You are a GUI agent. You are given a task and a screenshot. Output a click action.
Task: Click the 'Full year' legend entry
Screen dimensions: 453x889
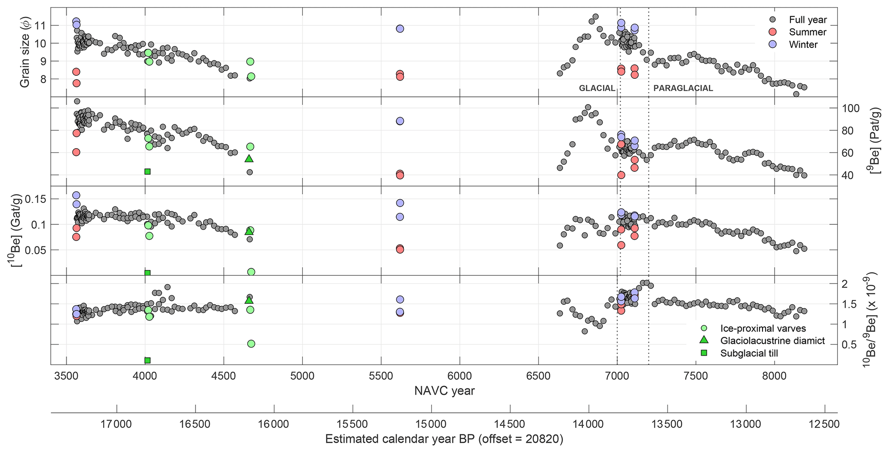[x=808, y=20]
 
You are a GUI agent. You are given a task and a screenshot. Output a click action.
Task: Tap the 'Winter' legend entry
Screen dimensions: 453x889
[x=803, y=45]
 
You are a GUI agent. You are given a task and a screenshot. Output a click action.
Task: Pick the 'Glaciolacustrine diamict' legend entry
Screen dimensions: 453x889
[x=772, y=341]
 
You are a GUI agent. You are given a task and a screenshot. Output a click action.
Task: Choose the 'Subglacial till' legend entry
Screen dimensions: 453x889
[x=749, y=353]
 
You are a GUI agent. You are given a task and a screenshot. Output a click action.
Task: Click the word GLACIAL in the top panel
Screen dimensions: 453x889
[x=597, y=88]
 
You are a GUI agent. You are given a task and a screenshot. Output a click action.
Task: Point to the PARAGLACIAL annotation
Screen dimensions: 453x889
[x=683, y=88]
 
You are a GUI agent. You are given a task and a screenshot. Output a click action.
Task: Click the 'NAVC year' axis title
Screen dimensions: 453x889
[x=444, y=391]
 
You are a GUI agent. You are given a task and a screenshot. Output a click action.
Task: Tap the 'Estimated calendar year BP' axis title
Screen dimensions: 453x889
[x=444, y=439]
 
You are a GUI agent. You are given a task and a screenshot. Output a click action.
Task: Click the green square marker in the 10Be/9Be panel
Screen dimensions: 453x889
[x=148, y=360]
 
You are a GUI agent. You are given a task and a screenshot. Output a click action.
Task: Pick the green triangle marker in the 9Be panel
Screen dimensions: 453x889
[x=249, y=158]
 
